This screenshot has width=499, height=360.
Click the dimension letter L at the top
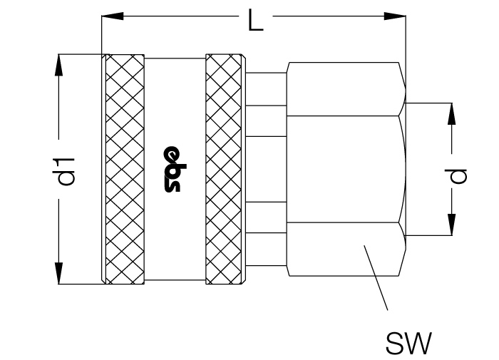tap(256, 20)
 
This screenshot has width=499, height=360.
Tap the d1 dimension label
tap(66, 172)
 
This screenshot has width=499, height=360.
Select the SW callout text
tap(408, 343)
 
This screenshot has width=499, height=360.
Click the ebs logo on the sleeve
tap(175, 170)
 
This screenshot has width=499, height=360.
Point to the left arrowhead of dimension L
tap(113, 16)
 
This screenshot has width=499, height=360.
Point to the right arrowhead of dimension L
tap(395, 16)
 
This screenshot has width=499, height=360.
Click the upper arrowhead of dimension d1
tap(59, 66)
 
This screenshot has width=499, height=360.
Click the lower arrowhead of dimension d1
tap(59, 273)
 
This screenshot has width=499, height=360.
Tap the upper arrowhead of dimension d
tap(451, 113)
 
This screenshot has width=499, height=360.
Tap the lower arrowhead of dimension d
tap(451, 225)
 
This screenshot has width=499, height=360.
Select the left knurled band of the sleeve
tap(125, 170)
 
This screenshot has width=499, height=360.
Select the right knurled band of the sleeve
tap(223, 170)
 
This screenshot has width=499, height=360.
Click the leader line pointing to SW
tap(376, 277)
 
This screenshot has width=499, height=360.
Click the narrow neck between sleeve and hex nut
tap(266, 170)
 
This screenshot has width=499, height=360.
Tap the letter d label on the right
tap(458, 176)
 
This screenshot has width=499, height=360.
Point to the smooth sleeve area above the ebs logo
tap(175, 102)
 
